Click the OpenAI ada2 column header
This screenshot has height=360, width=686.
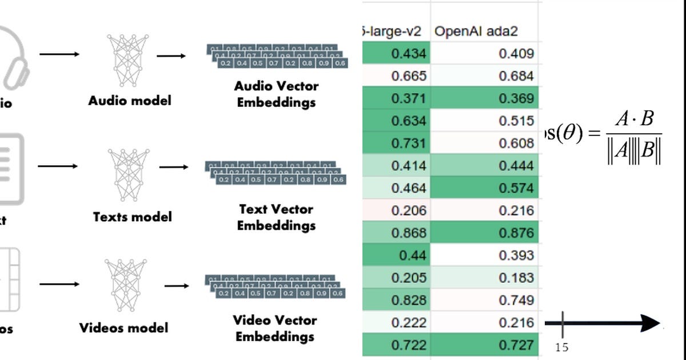coord(476,31)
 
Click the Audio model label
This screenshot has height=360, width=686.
coord(130,101)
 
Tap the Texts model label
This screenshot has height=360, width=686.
coord(132,217)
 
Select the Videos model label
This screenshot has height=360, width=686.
coord(123,328)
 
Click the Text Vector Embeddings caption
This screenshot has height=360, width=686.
coord(276,217)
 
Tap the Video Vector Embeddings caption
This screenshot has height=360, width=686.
coord(276,328)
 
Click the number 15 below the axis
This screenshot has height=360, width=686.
coord(561,347)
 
